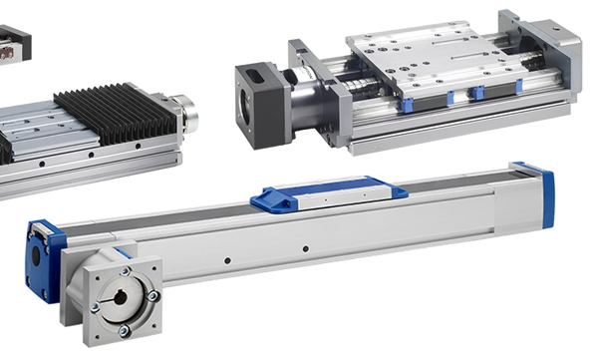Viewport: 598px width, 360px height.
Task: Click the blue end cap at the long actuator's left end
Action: tap(44, 258)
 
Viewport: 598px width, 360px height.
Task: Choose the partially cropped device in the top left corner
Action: tap(14, 43)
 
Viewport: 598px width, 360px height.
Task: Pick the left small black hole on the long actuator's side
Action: tap(228, 261)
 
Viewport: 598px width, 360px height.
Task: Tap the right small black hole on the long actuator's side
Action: tap(305, 246)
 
